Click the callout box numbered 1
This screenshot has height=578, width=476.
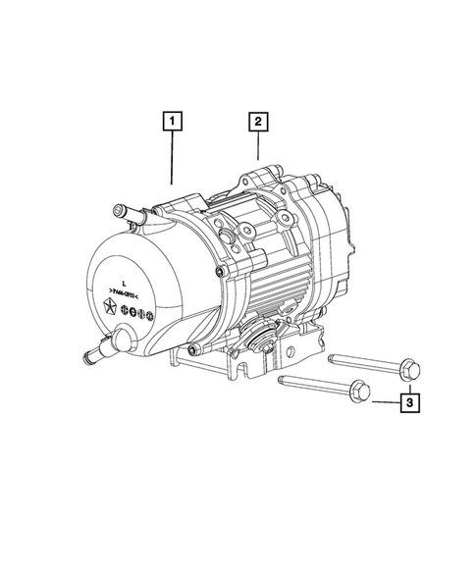tap(173, 123)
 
